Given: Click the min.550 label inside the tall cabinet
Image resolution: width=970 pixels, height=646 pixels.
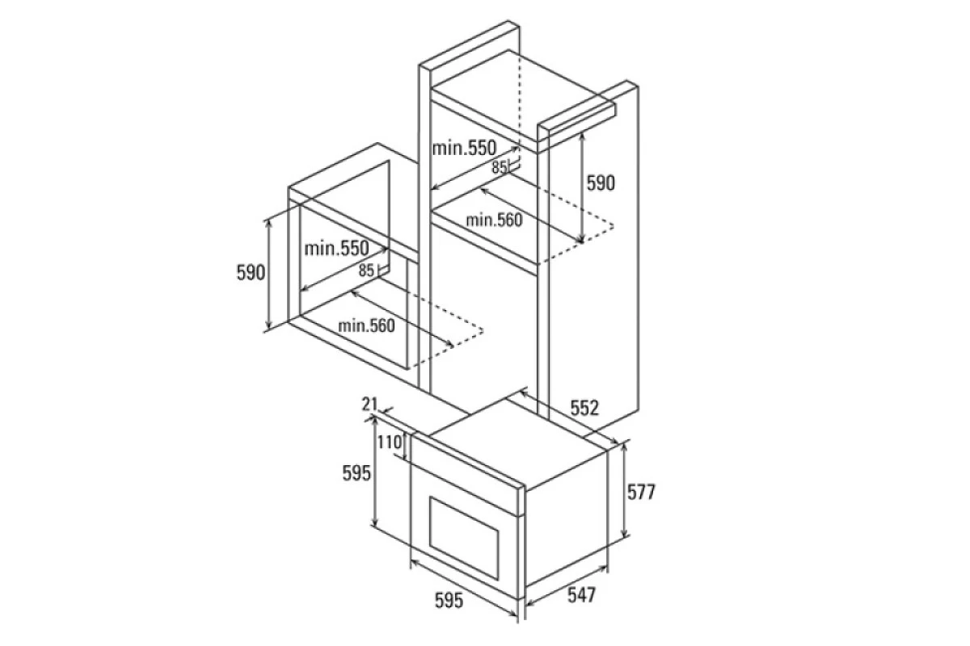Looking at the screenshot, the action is point(464,149).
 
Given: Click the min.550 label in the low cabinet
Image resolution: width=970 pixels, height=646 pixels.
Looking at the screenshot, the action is point(336,249).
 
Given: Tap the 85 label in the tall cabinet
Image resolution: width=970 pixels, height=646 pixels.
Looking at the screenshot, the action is point(499,167).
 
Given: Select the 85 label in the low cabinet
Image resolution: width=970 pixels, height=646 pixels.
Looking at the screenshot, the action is point(366,271).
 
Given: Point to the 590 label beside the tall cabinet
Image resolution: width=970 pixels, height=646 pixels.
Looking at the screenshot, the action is point(601,183).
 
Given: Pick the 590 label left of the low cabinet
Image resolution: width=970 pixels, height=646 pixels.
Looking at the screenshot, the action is point(251,273).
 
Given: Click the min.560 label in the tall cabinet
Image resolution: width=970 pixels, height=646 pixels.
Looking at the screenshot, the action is point(494,220).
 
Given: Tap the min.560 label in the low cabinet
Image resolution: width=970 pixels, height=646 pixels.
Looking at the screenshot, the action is point(366,325).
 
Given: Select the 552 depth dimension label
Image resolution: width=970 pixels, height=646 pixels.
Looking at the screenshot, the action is point(584,408).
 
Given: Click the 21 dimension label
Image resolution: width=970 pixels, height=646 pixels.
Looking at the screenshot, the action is point(370,404).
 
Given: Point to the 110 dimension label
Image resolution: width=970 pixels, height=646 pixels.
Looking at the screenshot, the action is point(390,443).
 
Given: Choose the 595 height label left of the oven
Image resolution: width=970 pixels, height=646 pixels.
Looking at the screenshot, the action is point(356,473).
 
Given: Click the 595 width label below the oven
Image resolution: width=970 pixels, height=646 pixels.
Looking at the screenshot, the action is point(449,600).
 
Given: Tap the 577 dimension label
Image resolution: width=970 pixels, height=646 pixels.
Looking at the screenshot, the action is point(641,492).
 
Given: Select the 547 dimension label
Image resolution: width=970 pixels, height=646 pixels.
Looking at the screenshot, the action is point(581,595).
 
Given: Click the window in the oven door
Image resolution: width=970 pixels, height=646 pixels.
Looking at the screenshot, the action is point(464,538).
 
